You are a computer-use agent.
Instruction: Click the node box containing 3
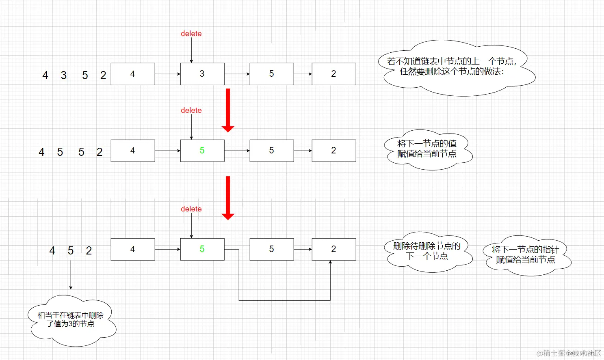202,74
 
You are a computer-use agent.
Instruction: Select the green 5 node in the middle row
202,151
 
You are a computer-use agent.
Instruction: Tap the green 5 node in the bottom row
202,249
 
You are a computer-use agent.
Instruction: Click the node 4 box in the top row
133,74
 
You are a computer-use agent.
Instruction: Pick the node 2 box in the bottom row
333,249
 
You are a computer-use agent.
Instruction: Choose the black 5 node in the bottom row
271,249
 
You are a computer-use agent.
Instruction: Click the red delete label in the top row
191,34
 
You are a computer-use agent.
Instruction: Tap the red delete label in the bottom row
191,209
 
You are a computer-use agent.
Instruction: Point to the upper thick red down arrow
228,110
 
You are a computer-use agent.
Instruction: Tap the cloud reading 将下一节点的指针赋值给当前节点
526,255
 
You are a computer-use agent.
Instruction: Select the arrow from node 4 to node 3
167,74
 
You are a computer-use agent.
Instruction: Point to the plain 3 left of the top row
64,75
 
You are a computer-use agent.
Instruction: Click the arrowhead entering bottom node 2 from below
330,263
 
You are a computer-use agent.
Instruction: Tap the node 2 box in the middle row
333,151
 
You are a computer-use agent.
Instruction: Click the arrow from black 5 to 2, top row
303,74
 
